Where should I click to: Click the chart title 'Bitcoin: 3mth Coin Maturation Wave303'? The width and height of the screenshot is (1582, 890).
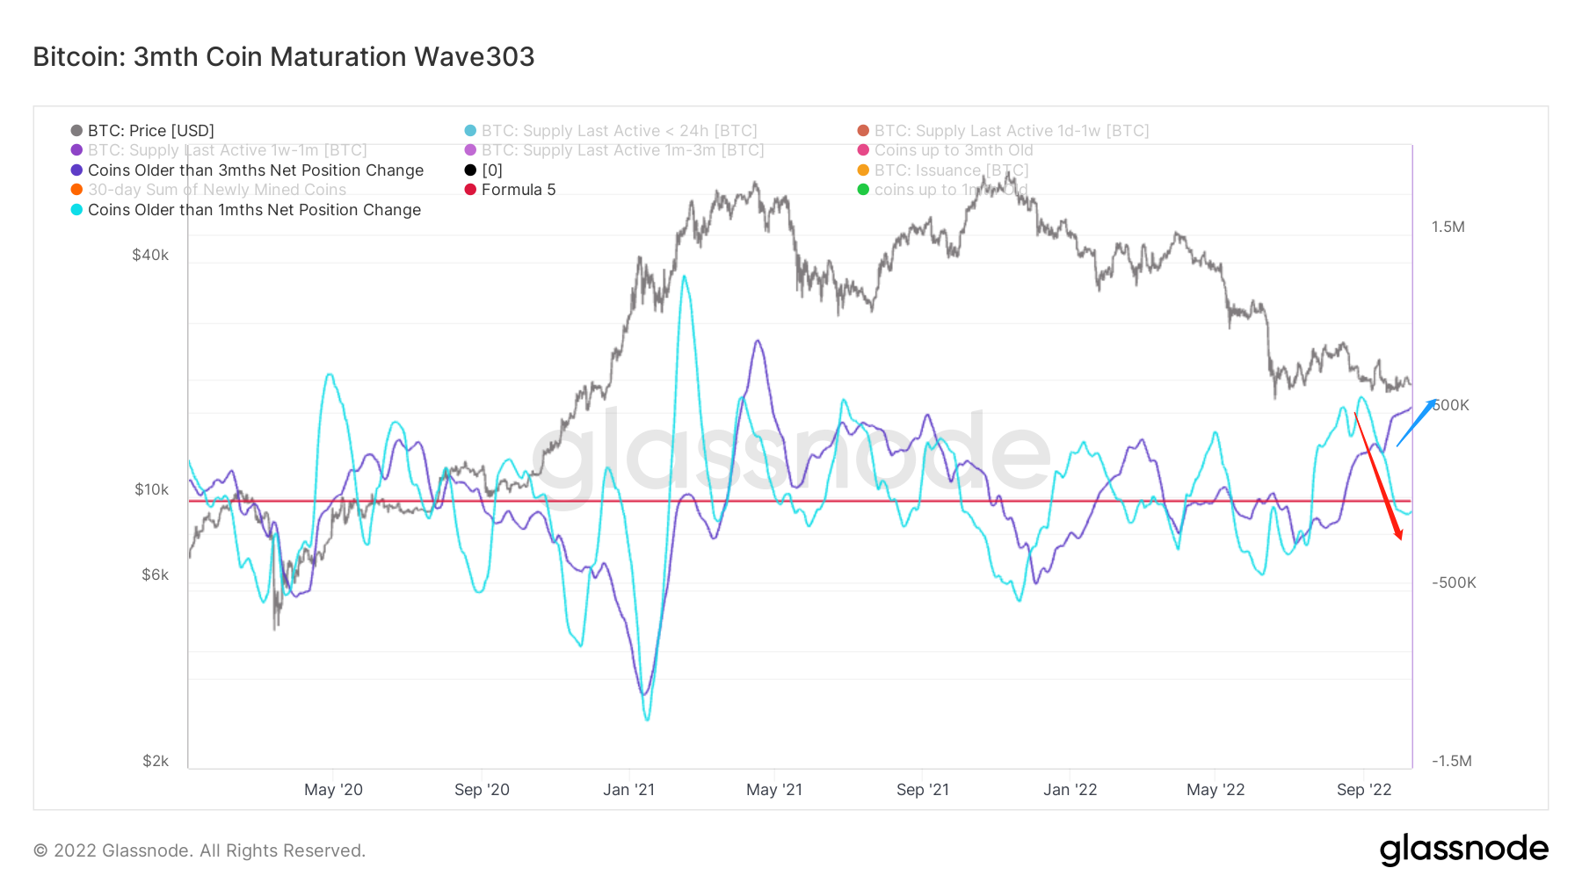(x=284, y=57)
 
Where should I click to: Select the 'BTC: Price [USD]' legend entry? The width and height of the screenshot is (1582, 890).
(x=150, y=131)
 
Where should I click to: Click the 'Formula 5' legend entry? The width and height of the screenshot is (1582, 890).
(x=518, y=190)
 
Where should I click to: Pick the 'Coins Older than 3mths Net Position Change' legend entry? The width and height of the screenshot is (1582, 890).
(x=255, y=170)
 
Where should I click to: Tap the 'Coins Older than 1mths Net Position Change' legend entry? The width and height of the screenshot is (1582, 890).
(x=254, y=210)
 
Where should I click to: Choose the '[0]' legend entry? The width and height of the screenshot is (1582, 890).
(x=491, y=170)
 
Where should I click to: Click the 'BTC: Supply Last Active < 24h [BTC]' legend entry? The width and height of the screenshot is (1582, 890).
(x=619, y=131)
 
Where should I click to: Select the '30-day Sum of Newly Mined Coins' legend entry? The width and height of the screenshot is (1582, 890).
(x=216, y=190)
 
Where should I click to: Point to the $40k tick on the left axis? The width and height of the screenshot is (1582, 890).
(x=150, y=255)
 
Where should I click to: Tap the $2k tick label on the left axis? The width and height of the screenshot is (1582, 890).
(x=156, y=761)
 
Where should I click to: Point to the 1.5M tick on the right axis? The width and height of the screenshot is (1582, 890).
(x=1448, y=227)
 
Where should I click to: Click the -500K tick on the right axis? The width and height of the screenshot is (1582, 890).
(x=1454, y=582)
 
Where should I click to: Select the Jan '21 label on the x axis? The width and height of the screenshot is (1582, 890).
(x=628, y=790)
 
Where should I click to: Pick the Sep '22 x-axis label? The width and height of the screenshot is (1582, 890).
(x=1364, y=790)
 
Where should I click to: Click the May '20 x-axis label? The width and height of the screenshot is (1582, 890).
(x=333, y=790)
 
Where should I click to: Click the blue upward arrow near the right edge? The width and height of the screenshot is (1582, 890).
(x=1416, y=423)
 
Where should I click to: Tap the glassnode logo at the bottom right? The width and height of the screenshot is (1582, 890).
(x=1463, y=850)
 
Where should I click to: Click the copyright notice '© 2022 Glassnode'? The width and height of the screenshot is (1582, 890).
(x=200, y=850)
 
